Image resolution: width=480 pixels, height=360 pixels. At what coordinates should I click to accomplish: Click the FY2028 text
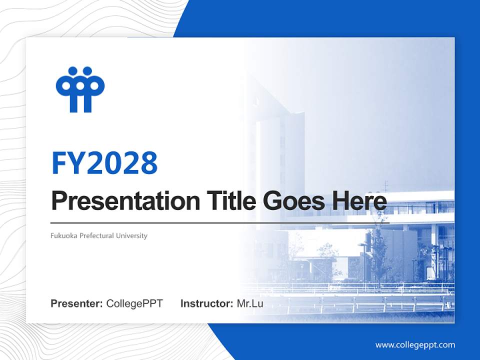(104, 163)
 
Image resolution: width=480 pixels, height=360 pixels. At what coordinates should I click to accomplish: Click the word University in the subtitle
(131, 235)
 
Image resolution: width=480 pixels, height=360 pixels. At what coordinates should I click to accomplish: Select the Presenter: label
(77, 303)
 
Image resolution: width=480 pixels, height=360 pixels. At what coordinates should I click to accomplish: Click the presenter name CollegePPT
(134, 303)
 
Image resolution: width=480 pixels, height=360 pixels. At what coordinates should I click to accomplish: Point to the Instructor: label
(206, 303)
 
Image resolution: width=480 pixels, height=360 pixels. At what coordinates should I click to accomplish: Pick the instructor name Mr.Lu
(250, 303)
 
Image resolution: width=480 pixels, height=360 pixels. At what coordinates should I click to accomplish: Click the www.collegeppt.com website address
(415, 345)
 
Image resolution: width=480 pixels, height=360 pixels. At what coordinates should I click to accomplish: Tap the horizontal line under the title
(220, 222)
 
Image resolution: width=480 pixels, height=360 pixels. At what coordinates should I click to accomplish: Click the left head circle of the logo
(73, 71)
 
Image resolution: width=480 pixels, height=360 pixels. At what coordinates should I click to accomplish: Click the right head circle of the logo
(87, 71)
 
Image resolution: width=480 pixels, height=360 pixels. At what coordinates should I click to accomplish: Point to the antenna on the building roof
(385, 186)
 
